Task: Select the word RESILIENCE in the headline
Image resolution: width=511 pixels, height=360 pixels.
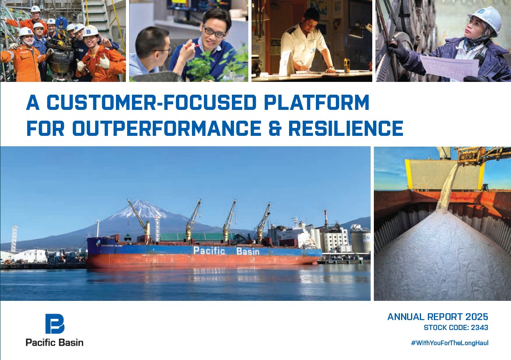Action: click(345, 128)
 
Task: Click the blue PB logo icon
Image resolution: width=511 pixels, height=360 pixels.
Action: click(55, 324)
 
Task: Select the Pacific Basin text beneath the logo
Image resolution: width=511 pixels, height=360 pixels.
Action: click(55, 342)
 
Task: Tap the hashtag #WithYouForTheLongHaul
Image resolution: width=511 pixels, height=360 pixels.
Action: click(450, 343)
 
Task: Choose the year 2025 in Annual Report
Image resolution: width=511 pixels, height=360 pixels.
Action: click(477, 317)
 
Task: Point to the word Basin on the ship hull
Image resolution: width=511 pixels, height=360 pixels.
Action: click(248, 251)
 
